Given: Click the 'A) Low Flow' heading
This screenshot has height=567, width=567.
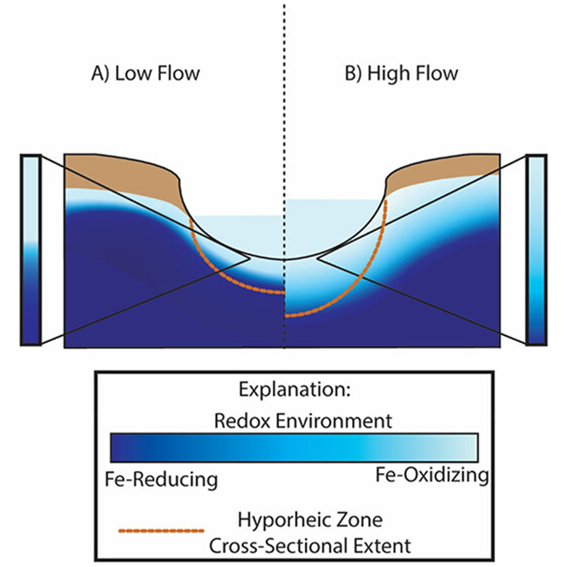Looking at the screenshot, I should [x=145, y=72].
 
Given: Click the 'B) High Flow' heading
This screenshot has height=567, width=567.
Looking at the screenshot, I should [x=401, y=72].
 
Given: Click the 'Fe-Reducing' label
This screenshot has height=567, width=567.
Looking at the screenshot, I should [x=162, y=479].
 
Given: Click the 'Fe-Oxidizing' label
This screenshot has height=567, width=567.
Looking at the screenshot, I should [x=432, y=476].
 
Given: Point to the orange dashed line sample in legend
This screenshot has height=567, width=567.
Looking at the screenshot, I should [x=161, y=531].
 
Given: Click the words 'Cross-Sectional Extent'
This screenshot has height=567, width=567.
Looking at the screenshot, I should [x=310, y=546].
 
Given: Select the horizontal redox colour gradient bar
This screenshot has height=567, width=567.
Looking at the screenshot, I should [x=293, y=447].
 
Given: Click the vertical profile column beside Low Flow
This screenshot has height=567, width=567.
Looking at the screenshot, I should [x=31, y=250].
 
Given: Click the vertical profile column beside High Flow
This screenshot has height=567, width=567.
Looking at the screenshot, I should [x=536, y=250].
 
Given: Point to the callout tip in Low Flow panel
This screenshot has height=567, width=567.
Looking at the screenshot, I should [x=247, y=257].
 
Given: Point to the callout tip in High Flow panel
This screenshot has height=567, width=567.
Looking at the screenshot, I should [x=319, y=257].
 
